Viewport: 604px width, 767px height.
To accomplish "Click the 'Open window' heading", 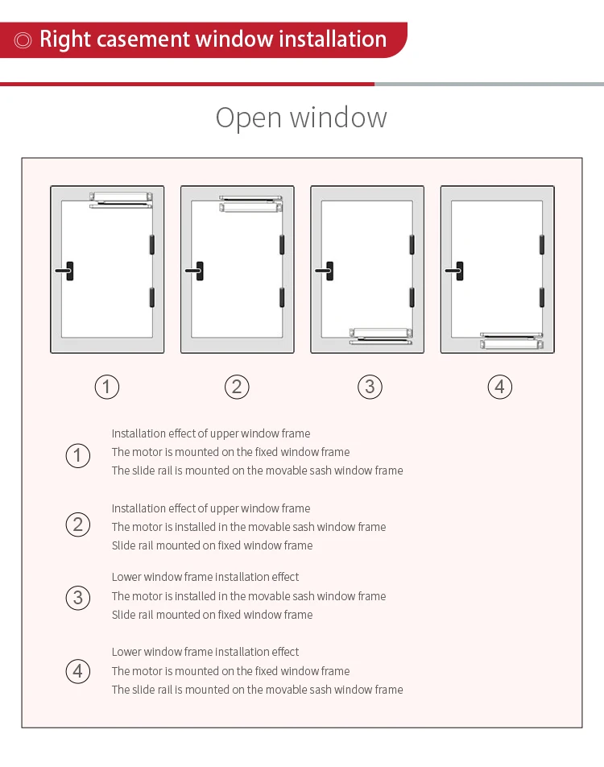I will [x=301, y=118].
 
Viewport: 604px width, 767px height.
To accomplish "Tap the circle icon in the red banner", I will [x=23, y=39].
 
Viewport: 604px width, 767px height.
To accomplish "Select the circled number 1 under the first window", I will [x=106, y=387].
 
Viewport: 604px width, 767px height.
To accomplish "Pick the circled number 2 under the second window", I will [x=236, y=387].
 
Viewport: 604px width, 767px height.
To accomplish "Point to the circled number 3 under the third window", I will [x=369, y=387].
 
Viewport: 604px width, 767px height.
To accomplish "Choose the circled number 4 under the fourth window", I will [x=499, y=387].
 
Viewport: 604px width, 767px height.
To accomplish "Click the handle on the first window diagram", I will [x=67, y=272].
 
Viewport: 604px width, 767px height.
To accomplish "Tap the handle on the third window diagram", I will [x=327, y=272].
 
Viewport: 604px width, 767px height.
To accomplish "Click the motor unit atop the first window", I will [x=121, y=196].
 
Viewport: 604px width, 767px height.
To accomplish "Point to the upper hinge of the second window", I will [x=282, y=245].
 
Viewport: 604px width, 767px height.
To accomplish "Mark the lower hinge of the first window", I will [x=151, y=296].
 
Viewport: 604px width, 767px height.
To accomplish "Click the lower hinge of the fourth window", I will [x=542, y=296].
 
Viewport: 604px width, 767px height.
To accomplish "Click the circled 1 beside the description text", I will [x=77, y=456].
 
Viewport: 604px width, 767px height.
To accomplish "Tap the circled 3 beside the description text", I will [x=77, y=598].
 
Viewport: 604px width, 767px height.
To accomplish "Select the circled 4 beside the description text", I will [x=77, y=671].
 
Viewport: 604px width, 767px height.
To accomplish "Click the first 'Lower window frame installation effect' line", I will [x=205, y=577].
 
